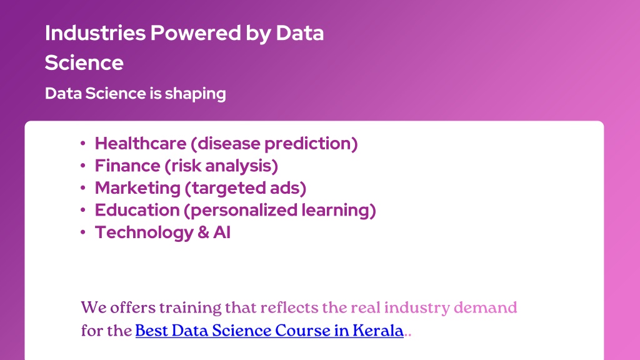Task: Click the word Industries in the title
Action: (95, 33)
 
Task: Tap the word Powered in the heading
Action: (196, 33)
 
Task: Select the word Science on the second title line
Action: (84, 63)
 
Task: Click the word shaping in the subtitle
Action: (195, 94)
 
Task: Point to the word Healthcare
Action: (141, 143)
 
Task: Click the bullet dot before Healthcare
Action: (83, 143)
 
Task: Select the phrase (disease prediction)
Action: (274, 144)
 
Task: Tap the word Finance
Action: (127, 166)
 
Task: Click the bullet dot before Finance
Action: (83, 166)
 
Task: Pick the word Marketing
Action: (137, 188)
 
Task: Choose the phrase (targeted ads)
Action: (245, 188)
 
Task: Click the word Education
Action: (137, 210)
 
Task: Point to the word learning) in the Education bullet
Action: (339, 211)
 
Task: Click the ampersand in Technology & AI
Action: (203, 232)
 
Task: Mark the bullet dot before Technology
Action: (83, 232)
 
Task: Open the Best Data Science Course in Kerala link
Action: (269, 331)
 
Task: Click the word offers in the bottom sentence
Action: (132, 307)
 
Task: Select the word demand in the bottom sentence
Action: (485, 307)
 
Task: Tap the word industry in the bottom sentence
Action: (417, 308)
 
